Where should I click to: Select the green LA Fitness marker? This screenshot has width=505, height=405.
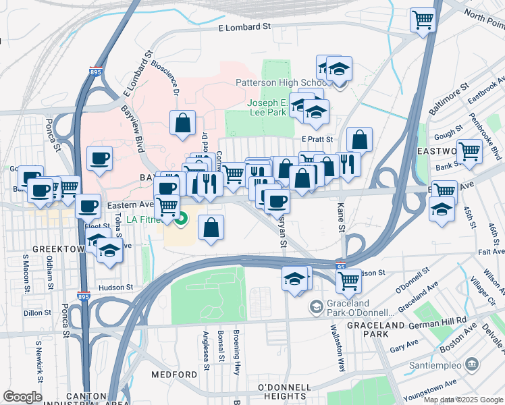(x=181, y=219)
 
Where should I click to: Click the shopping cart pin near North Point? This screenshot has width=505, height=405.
(x=423, y=20)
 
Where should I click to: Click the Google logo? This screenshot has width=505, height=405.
(x=22, y=397)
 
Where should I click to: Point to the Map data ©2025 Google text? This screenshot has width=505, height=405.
(x=464, y=400)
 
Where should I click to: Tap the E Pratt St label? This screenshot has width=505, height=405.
(x=313, y=138)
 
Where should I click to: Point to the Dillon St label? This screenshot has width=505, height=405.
(x=37, y=313)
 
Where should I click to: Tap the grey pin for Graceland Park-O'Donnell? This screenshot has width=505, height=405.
(x=315, y=308)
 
